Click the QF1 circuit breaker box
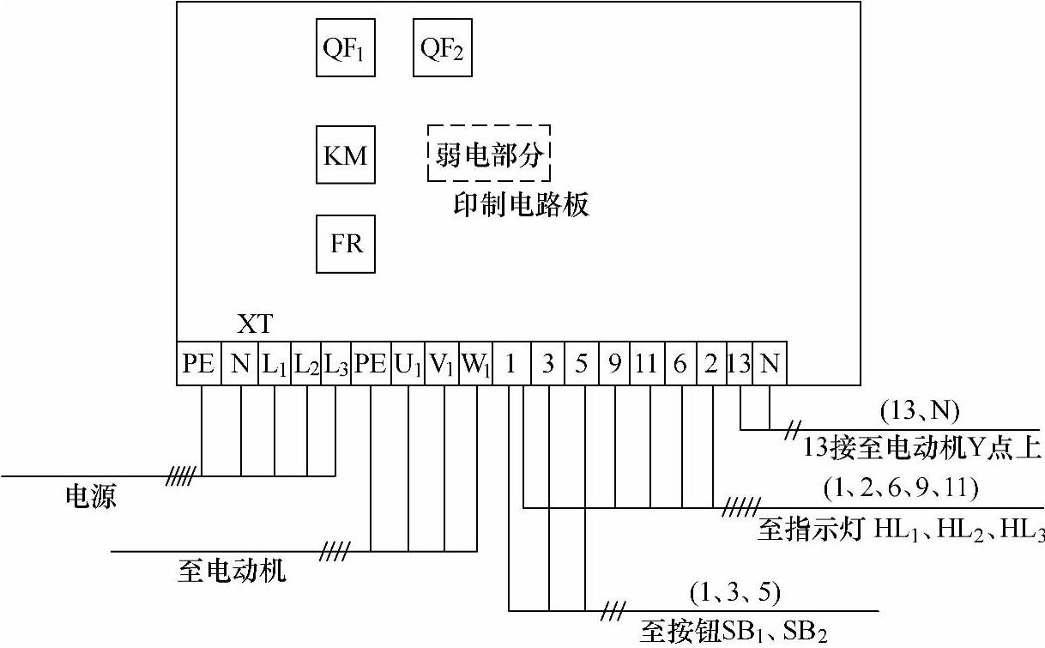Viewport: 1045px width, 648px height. pyautogui.click(x=346, y=48)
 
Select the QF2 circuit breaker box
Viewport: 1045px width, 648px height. pyautogui.click(x=442, y=48)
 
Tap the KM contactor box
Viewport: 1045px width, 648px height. pyautogui.click(x=346, y=155)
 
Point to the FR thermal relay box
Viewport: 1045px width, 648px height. pyautogui.click(x=346, y=244)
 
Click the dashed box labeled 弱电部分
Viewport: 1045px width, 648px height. pyautogui.click(x=489, y=153)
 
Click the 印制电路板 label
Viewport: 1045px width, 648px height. pyautogui.click(x=521, y=205)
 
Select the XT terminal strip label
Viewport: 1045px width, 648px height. pyautogui.click(x=255, y=324)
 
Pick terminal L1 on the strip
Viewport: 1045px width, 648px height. pyautogui.click(x=275, y=365)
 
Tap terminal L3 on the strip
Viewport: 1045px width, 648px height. pyautogui.click(x=335, y=365)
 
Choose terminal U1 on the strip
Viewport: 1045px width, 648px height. pyautogui.click(x=408, y=365)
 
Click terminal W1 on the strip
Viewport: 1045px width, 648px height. pyautogui.click(x=475, y=365)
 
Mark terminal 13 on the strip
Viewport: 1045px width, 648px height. pyautogui.click(x=739, y=365)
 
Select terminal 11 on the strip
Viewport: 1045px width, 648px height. pyautogui.click(x=646, y=365)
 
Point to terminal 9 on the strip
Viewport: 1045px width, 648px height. pyautogui.click(x=614, y=365)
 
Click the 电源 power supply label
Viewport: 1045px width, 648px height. pyautogui.click(x=91, y=496)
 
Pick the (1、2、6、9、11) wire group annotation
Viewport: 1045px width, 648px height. pyautogui.click(x=901, y=488)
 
